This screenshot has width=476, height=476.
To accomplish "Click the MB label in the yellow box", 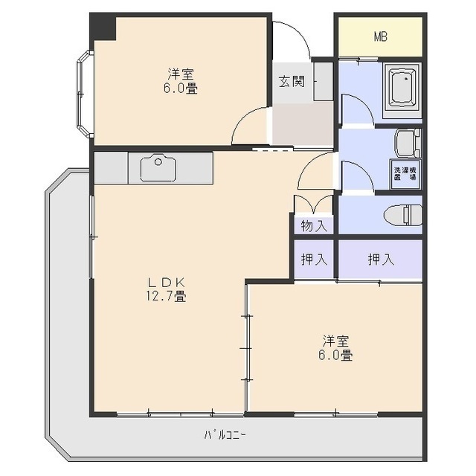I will (380, 36).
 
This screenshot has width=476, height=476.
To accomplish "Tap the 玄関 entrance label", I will (292, 81).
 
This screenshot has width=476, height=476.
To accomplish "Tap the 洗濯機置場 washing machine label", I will (405, 175).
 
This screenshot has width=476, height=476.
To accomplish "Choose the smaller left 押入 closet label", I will (313, 260).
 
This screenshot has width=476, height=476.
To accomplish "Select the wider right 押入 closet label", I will (380, 260).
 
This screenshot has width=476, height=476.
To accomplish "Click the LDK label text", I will (170, 282).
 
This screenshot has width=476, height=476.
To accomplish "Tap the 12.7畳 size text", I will (170, 296).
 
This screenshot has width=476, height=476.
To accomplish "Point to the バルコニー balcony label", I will (226, 435).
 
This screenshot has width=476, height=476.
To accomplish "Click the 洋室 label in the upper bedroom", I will (181, 74).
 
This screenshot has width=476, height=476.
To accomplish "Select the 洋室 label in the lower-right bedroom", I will (336, 341).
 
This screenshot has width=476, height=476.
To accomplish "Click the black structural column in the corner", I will (103, 28).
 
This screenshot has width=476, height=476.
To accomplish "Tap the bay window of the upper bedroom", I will (83, 94).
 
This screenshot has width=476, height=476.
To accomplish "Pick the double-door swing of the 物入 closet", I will (313, 204).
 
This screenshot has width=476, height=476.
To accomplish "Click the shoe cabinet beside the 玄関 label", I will (323, 81).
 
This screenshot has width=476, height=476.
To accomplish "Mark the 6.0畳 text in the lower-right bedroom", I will (336, 356).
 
